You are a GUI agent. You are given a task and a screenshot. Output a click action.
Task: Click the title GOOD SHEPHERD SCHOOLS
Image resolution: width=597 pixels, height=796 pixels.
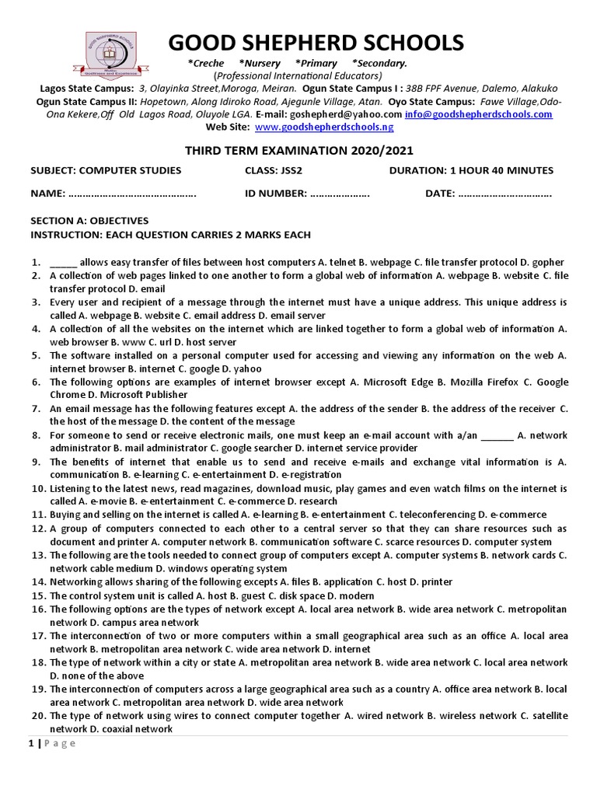click(x=316, y=42)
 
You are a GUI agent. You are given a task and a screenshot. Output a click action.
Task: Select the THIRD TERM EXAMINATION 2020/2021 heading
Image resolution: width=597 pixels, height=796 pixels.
click(x=298, y=150)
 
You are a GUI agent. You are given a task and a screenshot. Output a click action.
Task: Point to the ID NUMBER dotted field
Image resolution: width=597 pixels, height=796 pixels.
click(x=340, y=194)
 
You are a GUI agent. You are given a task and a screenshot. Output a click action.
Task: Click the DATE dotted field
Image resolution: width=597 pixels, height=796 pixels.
click(x=505, y=194)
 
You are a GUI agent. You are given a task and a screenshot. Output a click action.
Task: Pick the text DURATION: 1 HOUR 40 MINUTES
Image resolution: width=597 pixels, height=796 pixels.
click(x=471, y=170)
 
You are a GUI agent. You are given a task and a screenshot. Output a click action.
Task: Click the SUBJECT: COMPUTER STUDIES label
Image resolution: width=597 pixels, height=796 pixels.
click(x=106, y=170)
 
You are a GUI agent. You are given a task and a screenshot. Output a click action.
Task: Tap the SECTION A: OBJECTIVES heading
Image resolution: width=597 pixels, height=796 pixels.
click(x=89, y=221)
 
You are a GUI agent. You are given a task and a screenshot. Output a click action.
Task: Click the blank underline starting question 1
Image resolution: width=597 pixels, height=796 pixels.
click(x=63, y=263)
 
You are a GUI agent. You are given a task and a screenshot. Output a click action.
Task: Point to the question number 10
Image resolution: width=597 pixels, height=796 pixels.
click(x=39, y=489)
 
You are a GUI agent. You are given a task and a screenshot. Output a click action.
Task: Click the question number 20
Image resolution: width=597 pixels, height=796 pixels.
click(x=39, y=715)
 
